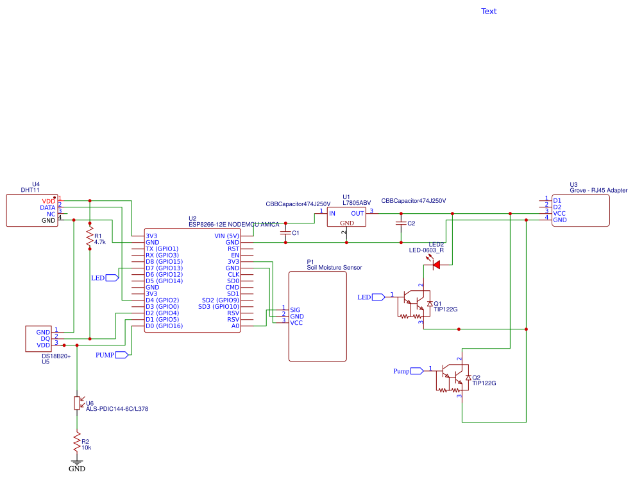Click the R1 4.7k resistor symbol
[90, 238]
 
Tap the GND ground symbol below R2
[77, 462]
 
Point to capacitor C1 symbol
[285, 232]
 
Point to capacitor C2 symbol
[402, 223]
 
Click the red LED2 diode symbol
[436, 264]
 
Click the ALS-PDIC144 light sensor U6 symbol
[78, 403]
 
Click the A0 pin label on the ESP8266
[235, 326]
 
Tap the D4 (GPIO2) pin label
[162, 300]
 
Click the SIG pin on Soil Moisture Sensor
[295, 309]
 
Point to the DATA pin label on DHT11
[47, 207]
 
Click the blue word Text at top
[489, 11]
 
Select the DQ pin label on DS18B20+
[46, 338]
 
